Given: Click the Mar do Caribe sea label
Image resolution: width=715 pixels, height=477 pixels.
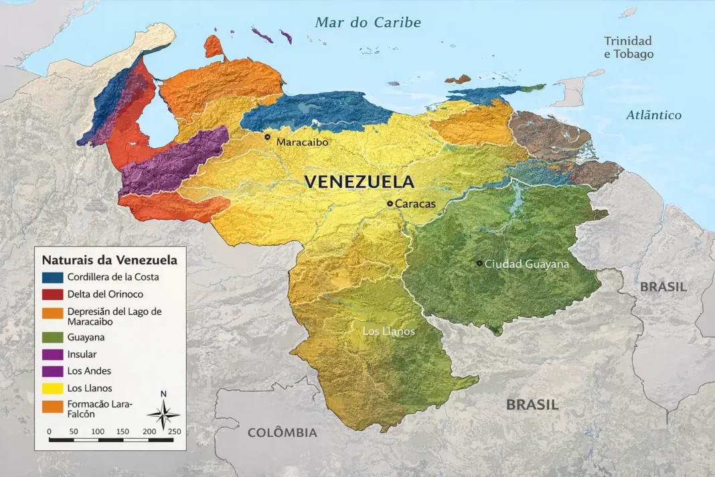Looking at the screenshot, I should (x=368, y=23).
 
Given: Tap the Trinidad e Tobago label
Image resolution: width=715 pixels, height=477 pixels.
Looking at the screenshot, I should (x=629, y=48).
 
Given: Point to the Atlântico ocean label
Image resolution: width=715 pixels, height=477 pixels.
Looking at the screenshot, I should (x=653, y=115).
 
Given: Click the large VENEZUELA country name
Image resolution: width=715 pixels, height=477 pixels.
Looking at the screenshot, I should (x=359, y=182).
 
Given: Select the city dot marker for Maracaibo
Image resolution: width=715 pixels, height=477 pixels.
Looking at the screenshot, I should (x=268, y=137).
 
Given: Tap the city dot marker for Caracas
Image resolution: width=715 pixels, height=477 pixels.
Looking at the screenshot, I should (x=390, y=203).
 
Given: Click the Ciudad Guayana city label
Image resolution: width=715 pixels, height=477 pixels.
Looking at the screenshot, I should (x=526, y=264).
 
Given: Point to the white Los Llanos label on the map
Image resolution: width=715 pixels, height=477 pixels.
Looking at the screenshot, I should (x=388, y=332).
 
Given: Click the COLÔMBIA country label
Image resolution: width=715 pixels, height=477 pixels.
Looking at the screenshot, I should (x=282, y=433).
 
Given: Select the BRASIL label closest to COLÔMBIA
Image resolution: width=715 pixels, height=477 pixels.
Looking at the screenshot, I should (x=532, y=405).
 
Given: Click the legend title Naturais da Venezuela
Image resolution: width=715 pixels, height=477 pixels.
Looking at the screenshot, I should (x=109, y=260).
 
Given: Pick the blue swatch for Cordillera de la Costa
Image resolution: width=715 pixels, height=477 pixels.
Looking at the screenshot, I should (x=52, y=277).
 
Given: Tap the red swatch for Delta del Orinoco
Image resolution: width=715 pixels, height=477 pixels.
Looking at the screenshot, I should (x=52, y=294).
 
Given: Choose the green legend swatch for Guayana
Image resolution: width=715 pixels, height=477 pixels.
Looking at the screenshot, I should (x=52, y=338).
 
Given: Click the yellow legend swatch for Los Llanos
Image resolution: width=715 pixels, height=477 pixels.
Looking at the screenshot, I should (x=52, y=388).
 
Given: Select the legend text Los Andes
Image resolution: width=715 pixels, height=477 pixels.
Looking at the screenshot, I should (x=89, y=371).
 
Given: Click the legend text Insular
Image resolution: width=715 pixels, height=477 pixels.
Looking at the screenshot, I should (x=82, y=354).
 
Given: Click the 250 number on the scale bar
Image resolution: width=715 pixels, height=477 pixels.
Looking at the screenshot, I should (x=174, y=431).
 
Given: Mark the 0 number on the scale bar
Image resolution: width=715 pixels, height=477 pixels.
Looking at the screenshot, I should (x=50, y=431).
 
